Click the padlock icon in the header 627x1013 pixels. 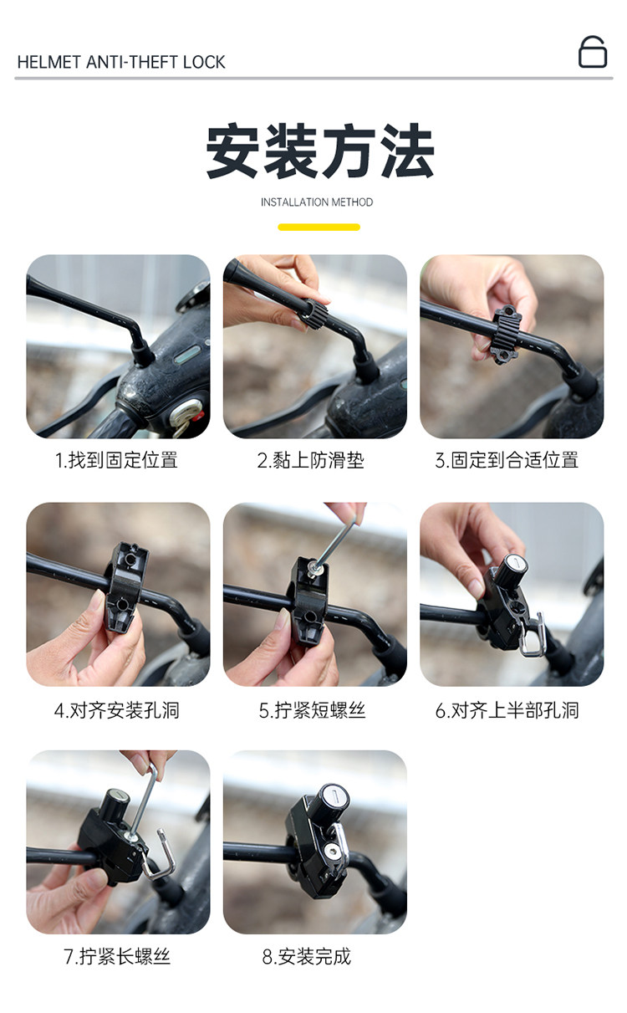593,52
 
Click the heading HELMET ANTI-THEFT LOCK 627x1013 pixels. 121,62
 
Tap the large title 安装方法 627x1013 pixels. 319,151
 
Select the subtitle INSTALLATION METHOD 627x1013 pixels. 317,202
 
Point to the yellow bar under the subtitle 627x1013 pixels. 319,227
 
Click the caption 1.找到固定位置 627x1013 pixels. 116,460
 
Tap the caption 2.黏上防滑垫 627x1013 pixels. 310,460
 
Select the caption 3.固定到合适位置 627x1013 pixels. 507,460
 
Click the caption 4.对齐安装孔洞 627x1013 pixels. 117,710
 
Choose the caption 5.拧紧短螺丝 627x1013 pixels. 312,710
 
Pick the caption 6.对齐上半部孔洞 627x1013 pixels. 507,710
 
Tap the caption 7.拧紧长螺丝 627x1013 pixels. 117,956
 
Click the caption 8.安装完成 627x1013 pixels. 307,956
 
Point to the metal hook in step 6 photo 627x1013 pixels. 533,633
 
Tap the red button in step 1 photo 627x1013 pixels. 195,415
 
